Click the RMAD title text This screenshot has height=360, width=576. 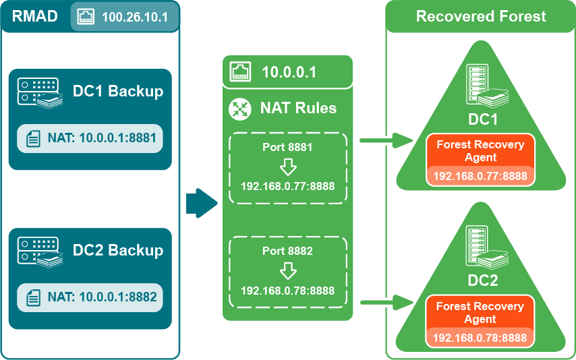(34, 15)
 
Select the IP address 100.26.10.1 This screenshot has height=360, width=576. (135, 16)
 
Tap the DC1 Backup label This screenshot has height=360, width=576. (118, 91)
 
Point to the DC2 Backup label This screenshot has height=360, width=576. (118, 250)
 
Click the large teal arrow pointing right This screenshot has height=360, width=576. (201, 203)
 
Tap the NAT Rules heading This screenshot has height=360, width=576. (298, 108)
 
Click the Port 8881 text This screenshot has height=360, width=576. (288, 146)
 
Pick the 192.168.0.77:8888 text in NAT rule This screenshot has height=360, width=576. (288, 186)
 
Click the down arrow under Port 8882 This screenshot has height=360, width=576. (288, 271)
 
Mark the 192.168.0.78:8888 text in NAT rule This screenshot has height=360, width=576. (288, 290)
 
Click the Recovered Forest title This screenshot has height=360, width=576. (481, 16)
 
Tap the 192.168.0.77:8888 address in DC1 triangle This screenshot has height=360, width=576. (480, 176)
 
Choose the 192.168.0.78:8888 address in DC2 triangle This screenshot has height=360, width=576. (480, 338)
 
